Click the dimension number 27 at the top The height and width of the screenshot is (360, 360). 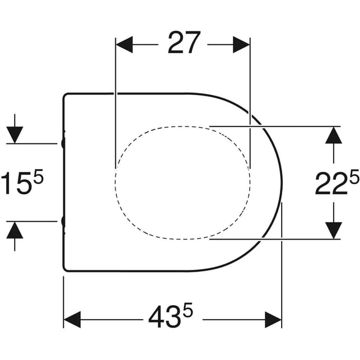pyautogui.click(x=184, y=43)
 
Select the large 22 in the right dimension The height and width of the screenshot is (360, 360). pyautogui.click(x=332, y=184)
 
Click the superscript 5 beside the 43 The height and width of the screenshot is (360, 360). pyautogui.click(x=188, y=309)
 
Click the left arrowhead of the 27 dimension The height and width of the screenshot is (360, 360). pyautogui.click(x=124, y=45)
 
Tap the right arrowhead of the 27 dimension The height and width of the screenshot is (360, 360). pyautogui.click(x=241, y=45)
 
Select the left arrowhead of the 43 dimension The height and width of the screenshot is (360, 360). pyautogui.click(x=72, y=320)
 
